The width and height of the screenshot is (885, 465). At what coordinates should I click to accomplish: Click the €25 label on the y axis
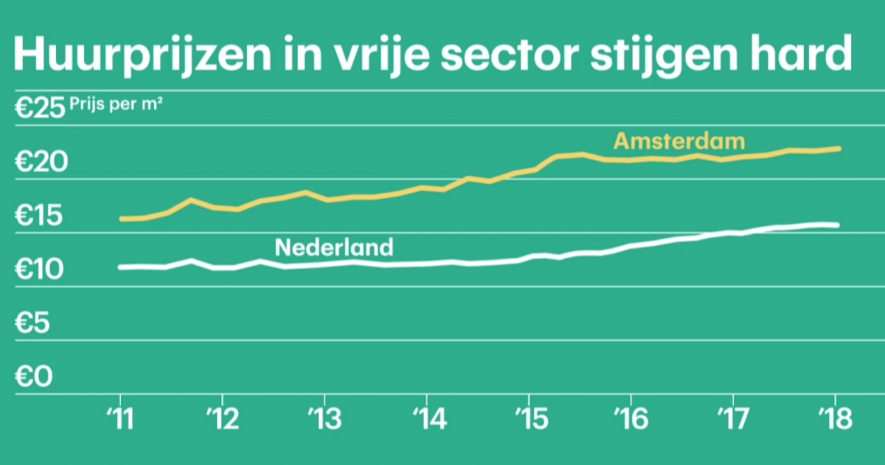pos(41,109)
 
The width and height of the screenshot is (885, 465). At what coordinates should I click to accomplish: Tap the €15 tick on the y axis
pos(41,218)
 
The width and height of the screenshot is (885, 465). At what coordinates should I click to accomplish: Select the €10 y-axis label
pos(41,271)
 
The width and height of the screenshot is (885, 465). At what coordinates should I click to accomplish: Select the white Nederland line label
pos(334,247)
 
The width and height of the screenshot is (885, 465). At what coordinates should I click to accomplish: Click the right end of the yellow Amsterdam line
pos(839,148)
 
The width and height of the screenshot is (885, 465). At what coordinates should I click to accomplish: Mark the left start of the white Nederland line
pos(120,266)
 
